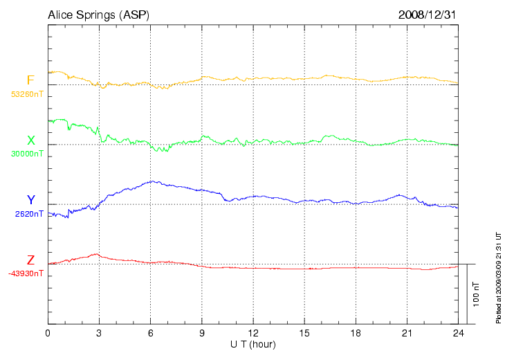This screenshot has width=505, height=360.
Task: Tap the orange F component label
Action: coord(30,80)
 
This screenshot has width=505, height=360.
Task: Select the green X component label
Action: coord(30,141)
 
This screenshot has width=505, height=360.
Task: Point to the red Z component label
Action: coord(30,260)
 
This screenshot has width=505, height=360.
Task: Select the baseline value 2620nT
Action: coord(29,214)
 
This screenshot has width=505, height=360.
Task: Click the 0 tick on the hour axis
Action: coord(48,333)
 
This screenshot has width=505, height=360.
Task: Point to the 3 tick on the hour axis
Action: coord(99,333)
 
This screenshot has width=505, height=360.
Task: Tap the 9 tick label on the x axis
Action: coord(202,333)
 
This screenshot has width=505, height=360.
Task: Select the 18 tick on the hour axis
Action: coord(356,333)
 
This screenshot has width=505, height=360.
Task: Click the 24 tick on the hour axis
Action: coord(459,333)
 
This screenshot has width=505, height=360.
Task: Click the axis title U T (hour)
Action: coord(253,344)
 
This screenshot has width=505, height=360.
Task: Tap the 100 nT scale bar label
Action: coord(476,294)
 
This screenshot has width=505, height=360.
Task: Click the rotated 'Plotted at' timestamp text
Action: coord(498,277)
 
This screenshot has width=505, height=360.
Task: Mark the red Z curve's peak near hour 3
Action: coord(97,254)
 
